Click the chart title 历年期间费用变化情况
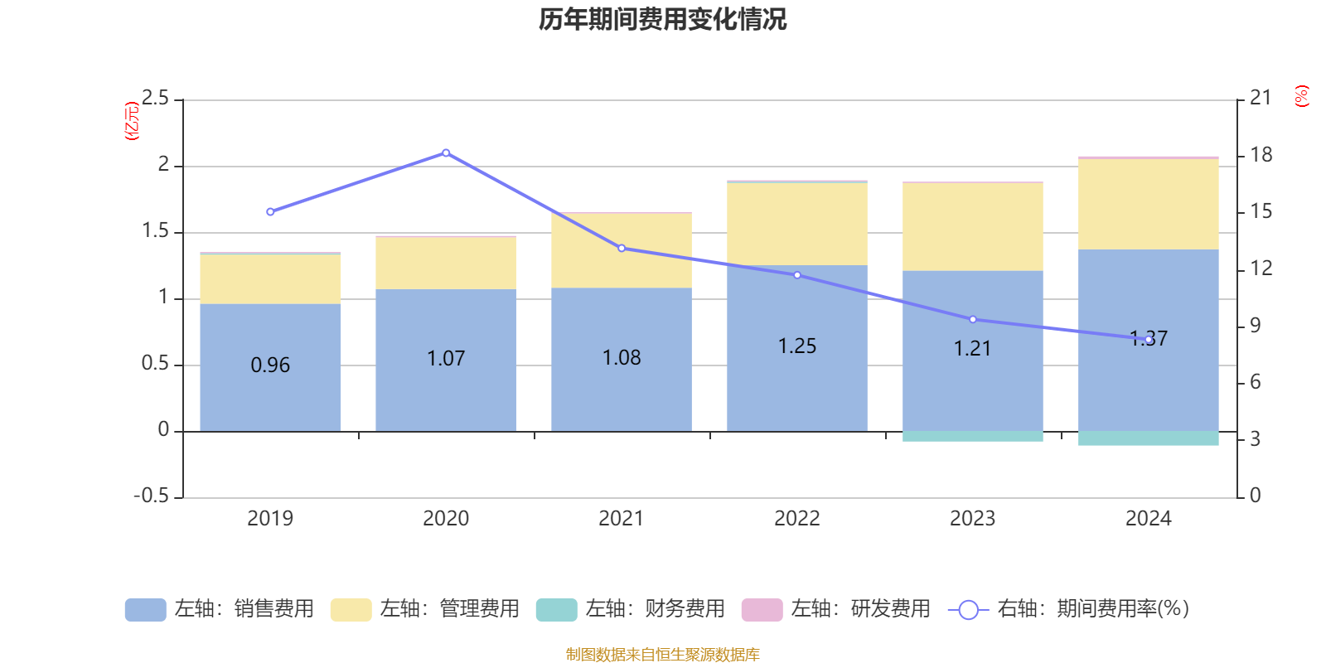(x=662, y=19)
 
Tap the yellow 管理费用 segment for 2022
(x=797, y=224)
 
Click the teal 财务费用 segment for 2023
(x=972, y=436)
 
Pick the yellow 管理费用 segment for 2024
(x=1148, y=204)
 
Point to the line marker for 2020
(x=446, y=152)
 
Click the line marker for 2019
(x=270, y=212)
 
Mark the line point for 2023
(x=973, y=319)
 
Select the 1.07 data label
(x=446, y=358)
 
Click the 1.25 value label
(x=797, y=346)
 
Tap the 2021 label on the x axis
(x=621, y=519)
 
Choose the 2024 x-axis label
(x=1148, y=519)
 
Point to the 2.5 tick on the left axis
(x=155, y=99)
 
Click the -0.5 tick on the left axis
(x=151, y=496)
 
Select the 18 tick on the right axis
(x=1261, y=155)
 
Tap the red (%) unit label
(x=1302, y=96)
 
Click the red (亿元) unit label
(x=131, y=121)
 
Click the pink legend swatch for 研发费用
(x=762, y=609)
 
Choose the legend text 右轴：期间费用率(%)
(x=1092, y=609)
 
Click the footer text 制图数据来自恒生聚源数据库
(x=662, y=655)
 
